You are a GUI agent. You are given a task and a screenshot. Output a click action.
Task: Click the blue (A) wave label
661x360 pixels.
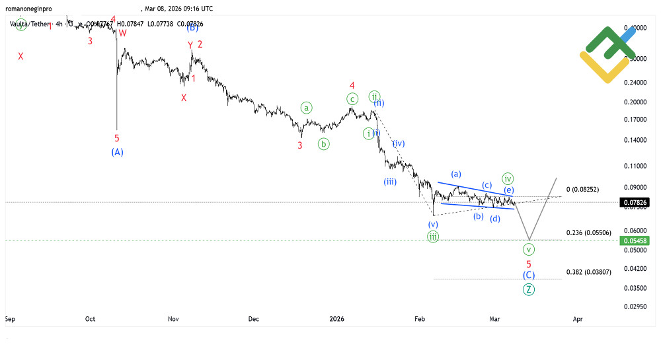click(117, 152)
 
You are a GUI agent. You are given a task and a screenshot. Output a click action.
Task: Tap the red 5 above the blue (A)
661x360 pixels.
click(117, 139)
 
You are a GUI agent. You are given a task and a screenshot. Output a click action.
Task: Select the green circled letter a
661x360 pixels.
click(306, 107)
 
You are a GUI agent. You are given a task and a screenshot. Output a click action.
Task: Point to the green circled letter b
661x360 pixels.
click(323, 143)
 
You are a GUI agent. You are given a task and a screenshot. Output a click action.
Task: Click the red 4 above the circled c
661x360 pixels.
click(352, 86)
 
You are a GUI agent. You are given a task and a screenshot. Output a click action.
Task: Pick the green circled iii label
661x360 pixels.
click(432, 236)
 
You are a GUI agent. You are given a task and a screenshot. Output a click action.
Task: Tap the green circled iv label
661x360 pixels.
click(508, 178)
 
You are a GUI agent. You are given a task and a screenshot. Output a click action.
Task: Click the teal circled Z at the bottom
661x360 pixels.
click(529, 289)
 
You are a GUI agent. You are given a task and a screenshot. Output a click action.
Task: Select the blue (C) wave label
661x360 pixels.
click(529, 275)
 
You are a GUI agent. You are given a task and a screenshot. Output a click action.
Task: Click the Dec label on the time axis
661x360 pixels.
click(254, 319)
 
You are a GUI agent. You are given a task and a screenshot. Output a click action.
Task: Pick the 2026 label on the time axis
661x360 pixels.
click(337, 319)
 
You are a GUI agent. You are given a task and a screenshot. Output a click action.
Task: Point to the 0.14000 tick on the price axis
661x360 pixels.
click(634, 141)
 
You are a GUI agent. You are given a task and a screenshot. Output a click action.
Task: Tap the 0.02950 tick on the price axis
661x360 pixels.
click(634, 306)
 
